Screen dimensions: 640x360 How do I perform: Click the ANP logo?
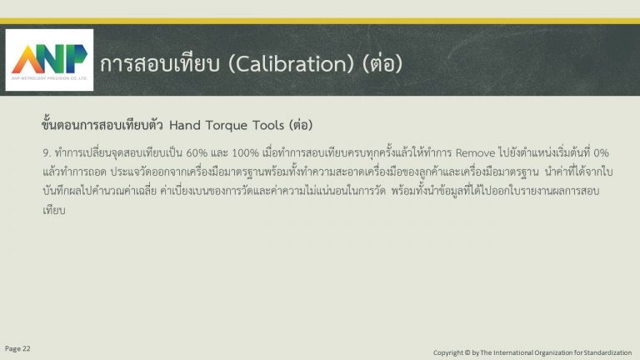(x=49, y=60)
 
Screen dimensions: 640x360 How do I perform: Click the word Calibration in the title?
(x=291, y=63)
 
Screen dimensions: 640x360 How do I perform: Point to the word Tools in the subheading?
(x=268, y=125)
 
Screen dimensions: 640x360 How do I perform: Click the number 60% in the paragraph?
(x=197, y=153)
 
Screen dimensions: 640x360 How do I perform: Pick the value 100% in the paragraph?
(x=245, y=153)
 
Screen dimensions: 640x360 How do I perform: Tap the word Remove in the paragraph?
(x=475, y=153)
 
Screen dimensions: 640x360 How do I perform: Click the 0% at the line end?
(x=601, y=153)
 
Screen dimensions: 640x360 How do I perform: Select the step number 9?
(x=47, y=153)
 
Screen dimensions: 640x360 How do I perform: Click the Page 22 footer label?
(x=17, y=348)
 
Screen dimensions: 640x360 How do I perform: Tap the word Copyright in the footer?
(x=448, y=352)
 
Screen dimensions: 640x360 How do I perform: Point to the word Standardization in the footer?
(x=607, y=352)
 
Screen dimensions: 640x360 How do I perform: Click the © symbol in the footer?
(x=467, y=352)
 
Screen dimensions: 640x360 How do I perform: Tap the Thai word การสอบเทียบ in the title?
(x=160, y=63)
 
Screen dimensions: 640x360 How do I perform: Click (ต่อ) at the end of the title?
(x=382, y=63)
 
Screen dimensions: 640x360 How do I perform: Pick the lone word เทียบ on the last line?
(x=54, y=210)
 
